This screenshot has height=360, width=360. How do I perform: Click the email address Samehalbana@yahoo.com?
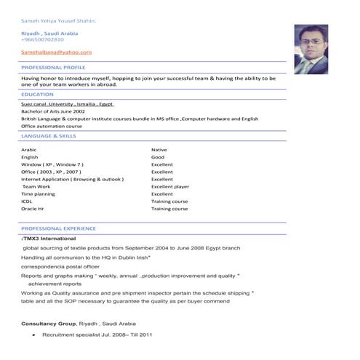(x=57, y=52)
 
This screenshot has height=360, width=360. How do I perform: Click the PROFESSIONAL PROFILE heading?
(x=53, y=67)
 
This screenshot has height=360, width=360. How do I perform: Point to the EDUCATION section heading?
(x=37, y=94)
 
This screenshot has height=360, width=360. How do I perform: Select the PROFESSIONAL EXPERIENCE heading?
(x=58, y=228)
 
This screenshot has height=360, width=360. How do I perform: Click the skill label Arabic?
(x=29, y=150)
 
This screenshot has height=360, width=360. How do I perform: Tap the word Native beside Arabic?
(x=159, y=150)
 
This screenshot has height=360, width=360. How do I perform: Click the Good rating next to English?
(x=158, y=157)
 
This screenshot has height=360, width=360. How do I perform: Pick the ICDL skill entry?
(x=27, y=201)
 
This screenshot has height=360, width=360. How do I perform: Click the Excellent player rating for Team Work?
(x=170, y=187)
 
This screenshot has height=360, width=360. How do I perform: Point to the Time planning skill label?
(x=38, y=194)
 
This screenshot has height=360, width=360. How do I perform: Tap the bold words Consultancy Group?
(x=49, y=323)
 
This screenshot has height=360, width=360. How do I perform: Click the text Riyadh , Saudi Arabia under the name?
(x=49, y=33)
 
